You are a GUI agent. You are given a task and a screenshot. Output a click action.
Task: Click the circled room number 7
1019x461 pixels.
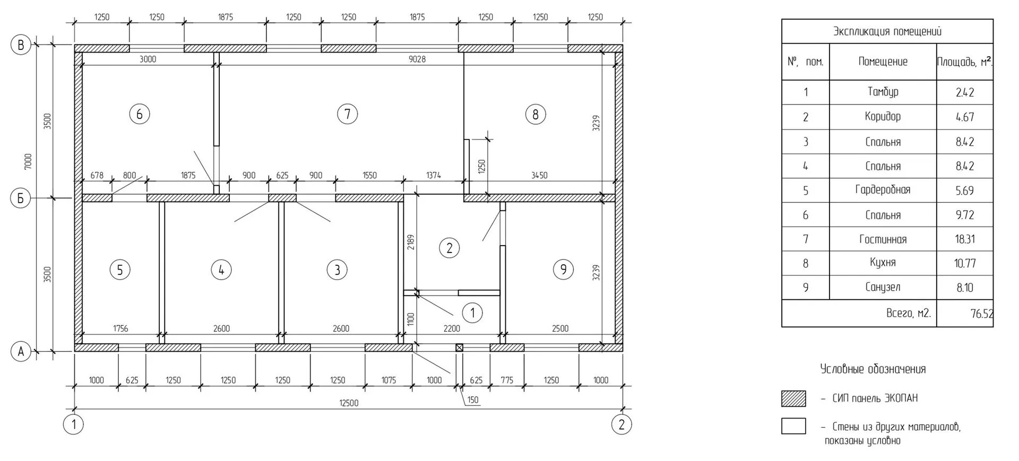[x=348, y=114]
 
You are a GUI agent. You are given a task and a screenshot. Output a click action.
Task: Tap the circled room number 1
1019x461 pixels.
[x=472, y=312]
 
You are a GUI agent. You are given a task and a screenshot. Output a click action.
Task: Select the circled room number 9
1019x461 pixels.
[x=563, y=269]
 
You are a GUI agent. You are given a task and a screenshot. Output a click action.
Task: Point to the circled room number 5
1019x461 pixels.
[x=120, y=270]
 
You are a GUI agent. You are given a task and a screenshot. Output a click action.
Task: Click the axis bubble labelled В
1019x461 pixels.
[x=21, y=45]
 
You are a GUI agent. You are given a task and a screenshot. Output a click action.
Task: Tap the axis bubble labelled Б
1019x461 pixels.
[x=21, y=198]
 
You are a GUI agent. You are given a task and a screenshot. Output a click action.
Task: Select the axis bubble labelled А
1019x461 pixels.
[x=21, y=351]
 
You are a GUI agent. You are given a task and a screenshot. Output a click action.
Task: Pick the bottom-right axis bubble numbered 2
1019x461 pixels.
[x=621, y=424]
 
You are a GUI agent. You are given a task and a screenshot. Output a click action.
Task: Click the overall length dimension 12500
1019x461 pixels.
[x=349, y=403]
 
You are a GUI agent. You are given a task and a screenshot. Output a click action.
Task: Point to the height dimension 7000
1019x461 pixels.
[x=28, y=161]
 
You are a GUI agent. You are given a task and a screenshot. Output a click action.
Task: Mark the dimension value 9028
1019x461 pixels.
[x=417, y=59]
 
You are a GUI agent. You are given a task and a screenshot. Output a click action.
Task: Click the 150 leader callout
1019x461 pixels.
[x=472, y=400]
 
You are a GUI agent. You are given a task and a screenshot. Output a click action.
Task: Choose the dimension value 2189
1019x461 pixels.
[x=411, y=242]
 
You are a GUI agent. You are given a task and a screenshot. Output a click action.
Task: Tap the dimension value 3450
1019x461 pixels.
[x=539, y=175]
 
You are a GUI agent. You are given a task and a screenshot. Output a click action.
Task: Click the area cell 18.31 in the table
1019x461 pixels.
[x=964, y=239]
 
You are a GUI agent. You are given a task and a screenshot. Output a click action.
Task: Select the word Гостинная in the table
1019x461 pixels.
[x=883, y=239]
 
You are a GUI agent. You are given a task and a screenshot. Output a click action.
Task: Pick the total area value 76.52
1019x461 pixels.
[x=981, y=314]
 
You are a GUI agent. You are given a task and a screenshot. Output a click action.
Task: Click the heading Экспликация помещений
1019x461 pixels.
[x=887, y=31]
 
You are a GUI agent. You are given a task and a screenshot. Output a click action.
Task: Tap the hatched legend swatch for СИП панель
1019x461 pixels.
[x=793, y=398]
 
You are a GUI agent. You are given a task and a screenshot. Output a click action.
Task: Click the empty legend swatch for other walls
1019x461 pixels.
[x=793, y=426]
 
